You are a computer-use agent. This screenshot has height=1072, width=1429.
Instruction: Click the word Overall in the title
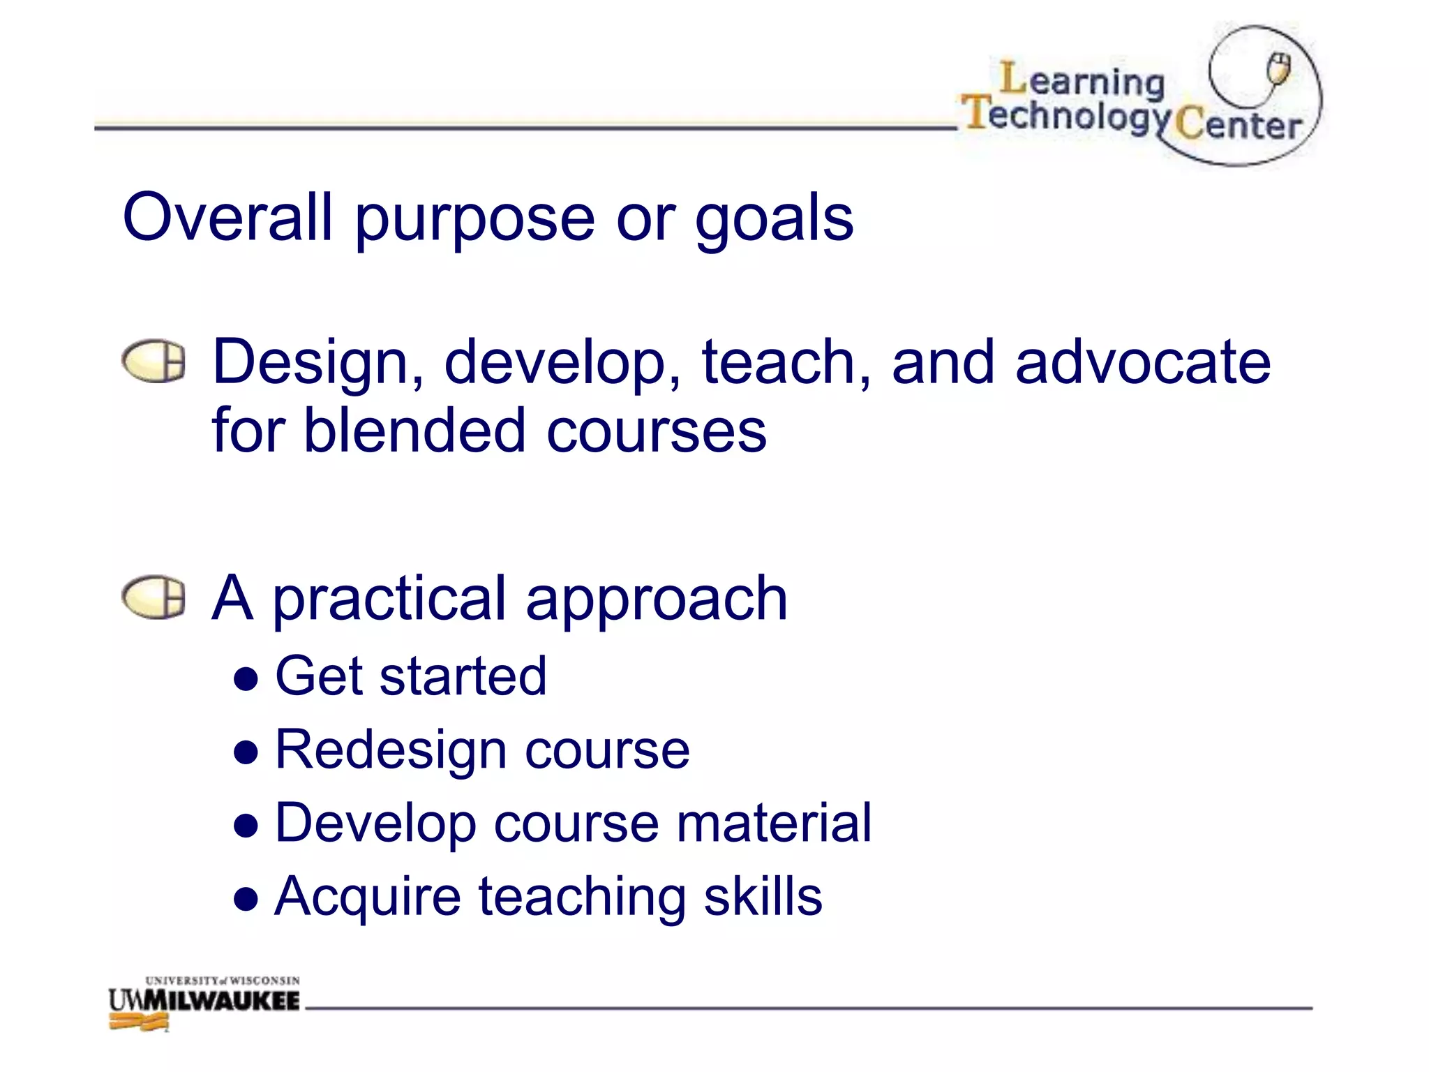227,218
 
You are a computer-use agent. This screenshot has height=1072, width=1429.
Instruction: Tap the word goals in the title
774,221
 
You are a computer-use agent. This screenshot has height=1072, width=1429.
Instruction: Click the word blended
414,430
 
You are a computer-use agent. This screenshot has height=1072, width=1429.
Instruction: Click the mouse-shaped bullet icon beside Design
154,362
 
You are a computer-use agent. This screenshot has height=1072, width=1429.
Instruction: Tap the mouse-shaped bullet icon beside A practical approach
154,597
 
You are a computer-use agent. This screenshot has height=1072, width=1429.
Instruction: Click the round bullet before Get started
246,678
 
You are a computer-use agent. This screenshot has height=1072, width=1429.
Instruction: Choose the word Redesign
390,751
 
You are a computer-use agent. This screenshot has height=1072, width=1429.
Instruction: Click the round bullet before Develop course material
246,826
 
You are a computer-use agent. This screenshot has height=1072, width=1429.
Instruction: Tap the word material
774,823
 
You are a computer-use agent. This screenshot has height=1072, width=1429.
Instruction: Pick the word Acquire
367,898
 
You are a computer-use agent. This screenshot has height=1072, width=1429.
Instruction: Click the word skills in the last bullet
763,896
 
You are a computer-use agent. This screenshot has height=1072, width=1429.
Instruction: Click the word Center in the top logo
1238,126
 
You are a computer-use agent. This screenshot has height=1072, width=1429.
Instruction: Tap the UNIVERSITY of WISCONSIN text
222,981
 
